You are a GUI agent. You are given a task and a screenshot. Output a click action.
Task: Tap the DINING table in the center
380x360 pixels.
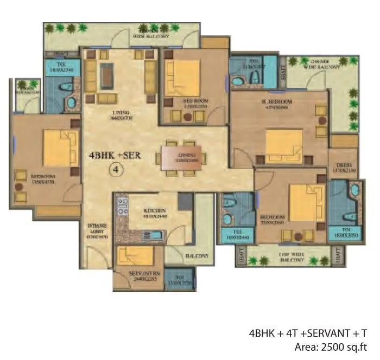click(181, 157)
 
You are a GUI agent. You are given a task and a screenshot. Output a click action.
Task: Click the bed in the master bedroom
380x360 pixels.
click(284, 145)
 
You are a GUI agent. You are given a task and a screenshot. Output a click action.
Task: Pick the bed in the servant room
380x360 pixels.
click(136, 255)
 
